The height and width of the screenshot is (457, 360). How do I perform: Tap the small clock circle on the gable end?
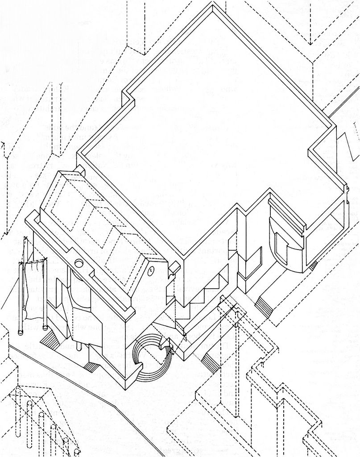click(x=151, y=269)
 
